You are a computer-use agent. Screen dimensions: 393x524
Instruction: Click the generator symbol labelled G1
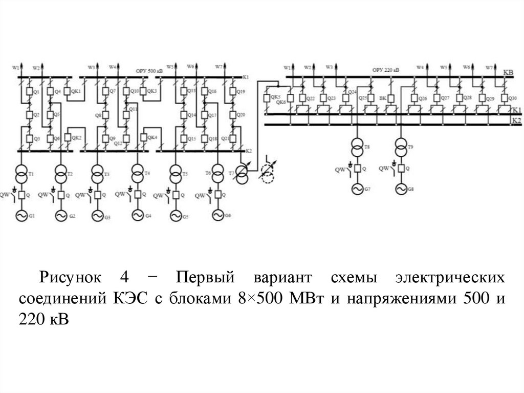pyautogui.click(x=22, y=216)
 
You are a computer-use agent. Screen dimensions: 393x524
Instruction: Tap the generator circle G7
pyautogui.click(x=357, y=190)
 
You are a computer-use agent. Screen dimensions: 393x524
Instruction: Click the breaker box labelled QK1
pyautogui.click(x=68, y=91)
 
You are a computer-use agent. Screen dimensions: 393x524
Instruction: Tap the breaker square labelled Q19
pyautogui.click(x=233, y=91)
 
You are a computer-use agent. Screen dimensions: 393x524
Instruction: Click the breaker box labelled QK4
pyautogui.click(x=144, y=137)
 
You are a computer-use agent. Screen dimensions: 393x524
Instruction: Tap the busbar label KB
pyautogui.click(x=508, y=73)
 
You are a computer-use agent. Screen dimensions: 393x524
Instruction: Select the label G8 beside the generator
pyautogui.click(x=410, y=191)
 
